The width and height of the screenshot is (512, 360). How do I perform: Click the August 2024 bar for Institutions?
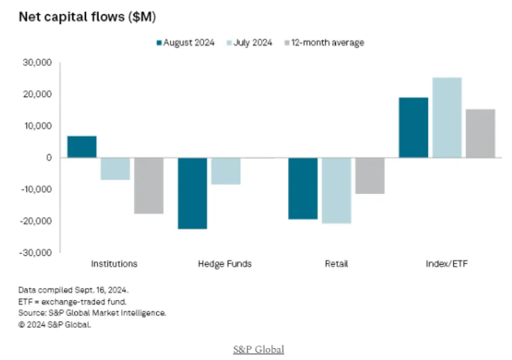click(82, 147)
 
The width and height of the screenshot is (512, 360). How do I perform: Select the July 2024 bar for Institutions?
click(115, 169)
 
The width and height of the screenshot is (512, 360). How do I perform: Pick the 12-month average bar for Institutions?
click(149, 185)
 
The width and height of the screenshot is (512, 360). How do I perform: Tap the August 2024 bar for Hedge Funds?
click(192, 193)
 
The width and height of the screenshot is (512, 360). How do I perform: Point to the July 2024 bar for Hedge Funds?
click(225, 171)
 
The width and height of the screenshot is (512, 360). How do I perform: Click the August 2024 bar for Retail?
click(302, 188)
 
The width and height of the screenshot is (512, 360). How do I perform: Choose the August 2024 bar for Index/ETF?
click(413, 127)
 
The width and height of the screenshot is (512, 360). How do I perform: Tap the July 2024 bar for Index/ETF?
click(447, 117)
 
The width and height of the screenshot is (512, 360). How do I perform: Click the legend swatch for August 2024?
click(160, 43)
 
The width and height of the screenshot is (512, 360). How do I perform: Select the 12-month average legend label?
click(331, 43)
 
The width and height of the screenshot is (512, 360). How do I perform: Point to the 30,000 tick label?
click(37, 63)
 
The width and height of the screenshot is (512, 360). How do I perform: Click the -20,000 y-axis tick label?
click(36, 221)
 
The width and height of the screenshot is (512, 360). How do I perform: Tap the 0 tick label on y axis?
click(49, 157)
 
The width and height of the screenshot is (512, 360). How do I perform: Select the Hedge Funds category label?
click(225, 263)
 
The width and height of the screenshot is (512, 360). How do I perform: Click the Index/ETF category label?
click(447, 263)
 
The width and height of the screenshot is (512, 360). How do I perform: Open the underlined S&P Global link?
click(258, 349)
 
